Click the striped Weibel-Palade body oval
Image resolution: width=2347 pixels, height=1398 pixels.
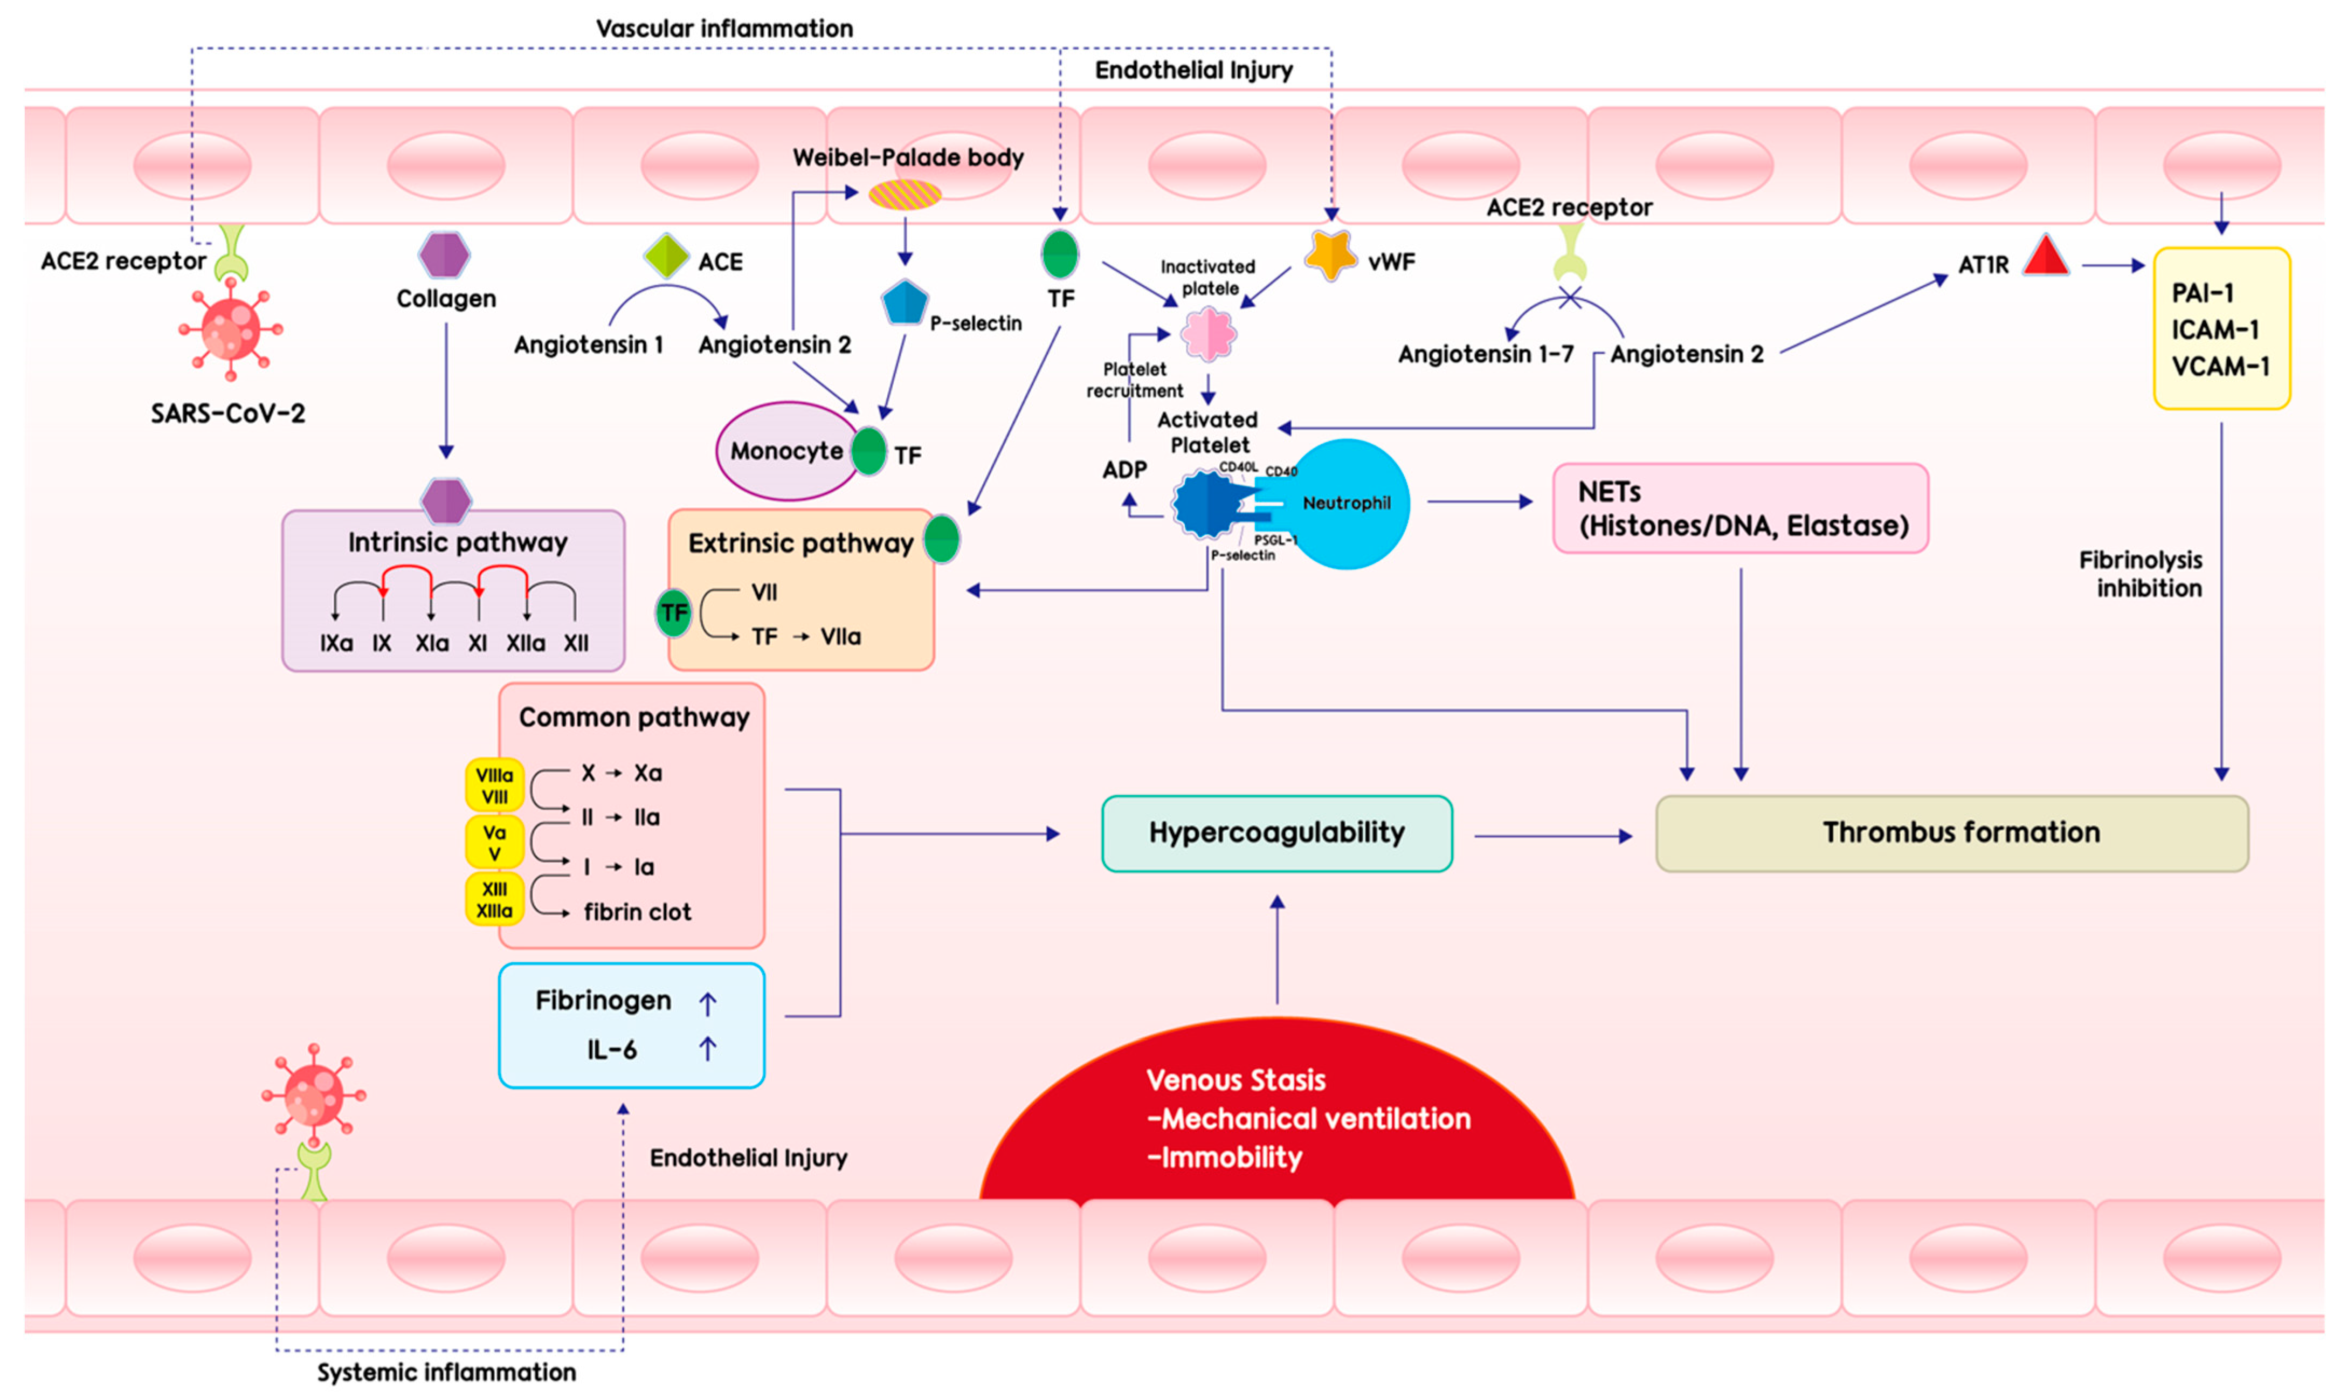(x=904, y=195)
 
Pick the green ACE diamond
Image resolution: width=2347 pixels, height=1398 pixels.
(x=666, y=256)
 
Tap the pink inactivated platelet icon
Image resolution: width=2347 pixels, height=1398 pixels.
(x=1209, y=334)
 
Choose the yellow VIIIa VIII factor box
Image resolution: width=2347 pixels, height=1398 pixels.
(x=494, y=785)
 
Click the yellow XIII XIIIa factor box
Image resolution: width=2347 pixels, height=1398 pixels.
(x=494, y=900)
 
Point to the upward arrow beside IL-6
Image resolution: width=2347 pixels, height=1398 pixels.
(x=707, y=1049)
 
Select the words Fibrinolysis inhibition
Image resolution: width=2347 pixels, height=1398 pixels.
(x=2141, y=574)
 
